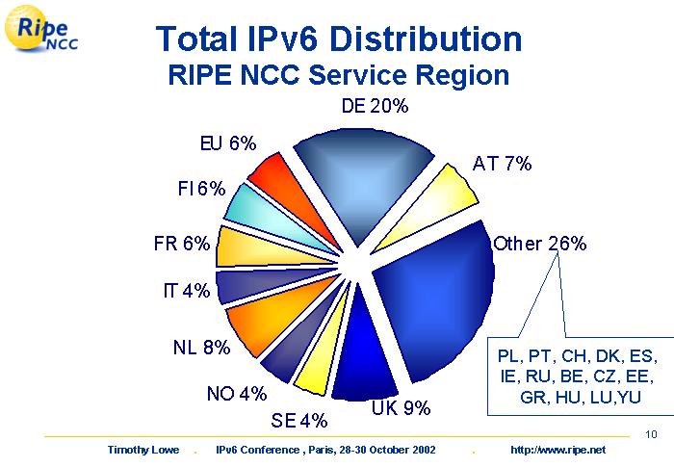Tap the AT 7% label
pos(502,164)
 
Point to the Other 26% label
pos(539,244)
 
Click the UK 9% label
pos(401,408)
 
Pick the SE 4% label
pos(298,420)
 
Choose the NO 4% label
pos(236,393)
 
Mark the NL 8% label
pos(201,348)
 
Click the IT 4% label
pos(186,291)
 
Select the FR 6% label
pos(181,244)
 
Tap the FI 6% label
pos(200,190)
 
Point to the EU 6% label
pos(227,144)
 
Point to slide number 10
pos(652,433)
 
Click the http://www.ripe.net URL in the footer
pos(571,451)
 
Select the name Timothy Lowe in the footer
pos(142,451)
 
